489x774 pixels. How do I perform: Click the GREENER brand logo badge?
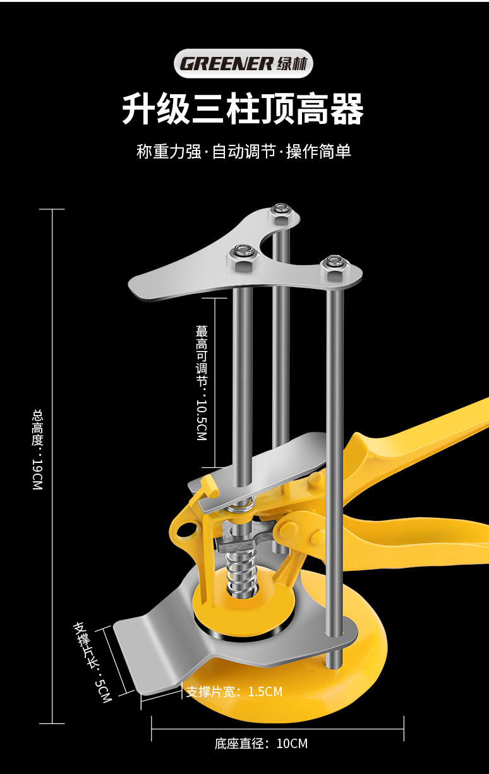[244, 64]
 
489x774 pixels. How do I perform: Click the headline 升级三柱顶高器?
[243, 109]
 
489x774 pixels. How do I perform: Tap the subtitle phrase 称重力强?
[168, 152]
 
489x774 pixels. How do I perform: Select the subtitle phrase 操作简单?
[318, 152]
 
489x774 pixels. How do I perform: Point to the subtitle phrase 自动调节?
[243, 152]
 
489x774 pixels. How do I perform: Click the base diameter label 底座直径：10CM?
[261, 744]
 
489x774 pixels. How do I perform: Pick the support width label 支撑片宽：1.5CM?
[234, 692]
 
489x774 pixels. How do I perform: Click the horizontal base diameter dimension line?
[277, 728]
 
